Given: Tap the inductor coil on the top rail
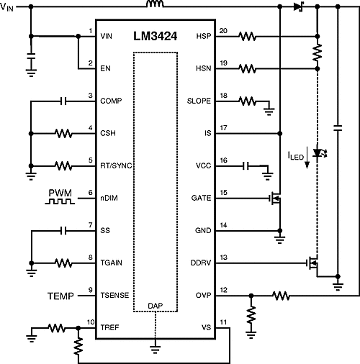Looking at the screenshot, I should coord(154,6).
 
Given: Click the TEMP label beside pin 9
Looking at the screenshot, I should coord(61,296).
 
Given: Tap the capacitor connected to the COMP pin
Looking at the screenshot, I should coord(63,101).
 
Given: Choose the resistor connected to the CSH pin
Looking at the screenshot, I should coord(63,134).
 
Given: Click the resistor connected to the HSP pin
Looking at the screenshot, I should coord(247,35).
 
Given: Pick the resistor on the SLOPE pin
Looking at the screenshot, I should coord(247,101).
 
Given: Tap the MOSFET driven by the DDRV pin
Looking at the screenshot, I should coord(313,264).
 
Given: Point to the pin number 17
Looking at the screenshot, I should coord(222,128).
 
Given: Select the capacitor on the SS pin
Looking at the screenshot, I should coord(63,231).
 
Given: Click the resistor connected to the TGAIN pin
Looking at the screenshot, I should coord(63,263).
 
